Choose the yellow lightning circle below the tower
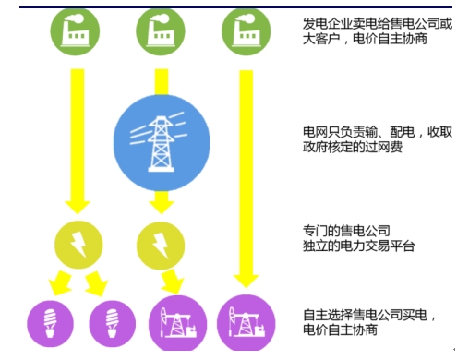click(158, 244)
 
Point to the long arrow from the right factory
click(246, 175)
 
